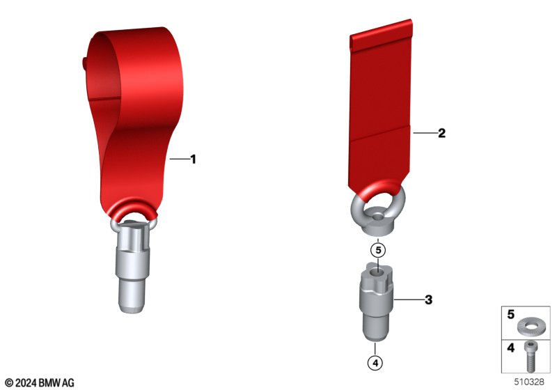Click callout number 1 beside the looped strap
point(194,159)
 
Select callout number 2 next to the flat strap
point(441,133)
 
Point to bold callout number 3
point(429,299)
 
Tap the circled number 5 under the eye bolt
point(378,250)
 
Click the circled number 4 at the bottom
point(375,363)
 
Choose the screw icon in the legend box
point(531,357)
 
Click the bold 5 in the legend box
point(511,314)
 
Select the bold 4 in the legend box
point(511,348)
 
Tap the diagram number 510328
point(529,382)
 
